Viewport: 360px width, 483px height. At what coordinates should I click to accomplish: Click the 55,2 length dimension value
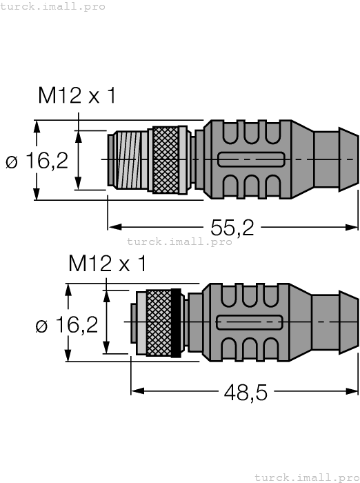[231, 226]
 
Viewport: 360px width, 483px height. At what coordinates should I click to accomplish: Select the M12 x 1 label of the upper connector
[77, 96]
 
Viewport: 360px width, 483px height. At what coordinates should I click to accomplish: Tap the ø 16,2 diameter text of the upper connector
[37, 161]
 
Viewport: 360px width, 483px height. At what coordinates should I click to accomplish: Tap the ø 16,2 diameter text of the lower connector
[66, 325]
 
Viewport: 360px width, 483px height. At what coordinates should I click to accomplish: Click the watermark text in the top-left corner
[53, 6]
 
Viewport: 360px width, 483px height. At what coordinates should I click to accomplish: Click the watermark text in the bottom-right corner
[306, 477]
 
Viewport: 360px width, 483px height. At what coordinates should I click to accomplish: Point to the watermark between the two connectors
[179, 241]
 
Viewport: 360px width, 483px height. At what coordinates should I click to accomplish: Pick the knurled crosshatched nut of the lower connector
[158, 322]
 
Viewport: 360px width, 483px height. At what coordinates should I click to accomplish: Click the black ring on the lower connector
[176, 322]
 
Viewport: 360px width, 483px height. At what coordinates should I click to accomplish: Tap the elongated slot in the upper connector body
[250, 159]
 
